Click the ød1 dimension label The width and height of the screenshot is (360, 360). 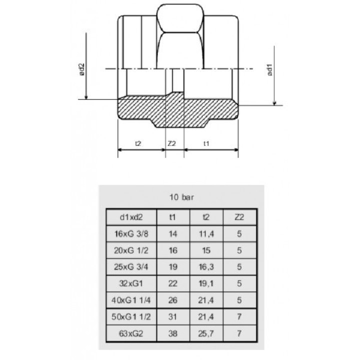pyautogui.click(x=270, y=70)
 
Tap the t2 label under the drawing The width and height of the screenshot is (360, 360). pyautogui.click(x=138, y=143)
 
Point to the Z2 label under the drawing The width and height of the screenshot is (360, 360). pyautogui.click(x=171, y=143)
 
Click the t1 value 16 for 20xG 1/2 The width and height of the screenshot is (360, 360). pyautogui.click(x=172, y=250)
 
